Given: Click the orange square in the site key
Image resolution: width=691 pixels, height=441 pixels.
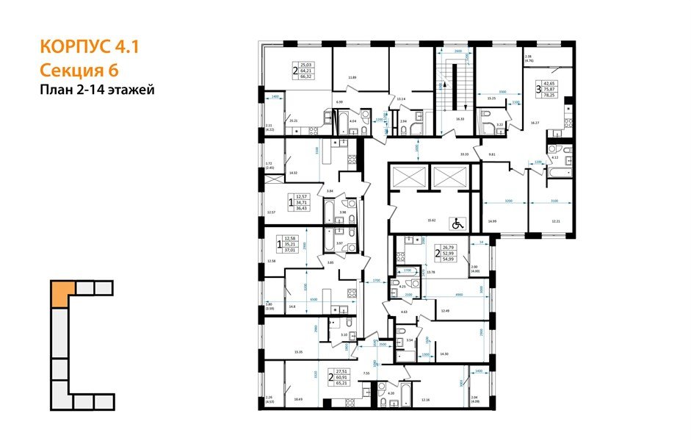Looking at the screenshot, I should click(62, 292).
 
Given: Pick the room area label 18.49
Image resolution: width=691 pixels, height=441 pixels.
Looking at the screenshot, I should click(298, 399).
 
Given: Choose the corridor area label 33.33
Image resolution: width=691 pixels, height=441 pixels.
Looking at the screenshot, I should click(464, 154).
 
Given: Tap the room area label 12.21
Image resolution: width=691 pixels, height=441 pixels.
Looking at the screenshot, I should click(555, 220).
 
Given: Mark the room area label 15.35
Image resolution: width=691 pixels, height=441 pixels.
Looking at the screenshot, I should click(297, 352).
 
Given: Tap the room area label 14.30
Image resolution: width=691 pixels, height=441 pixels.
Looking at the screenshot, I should click(443, 354).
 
